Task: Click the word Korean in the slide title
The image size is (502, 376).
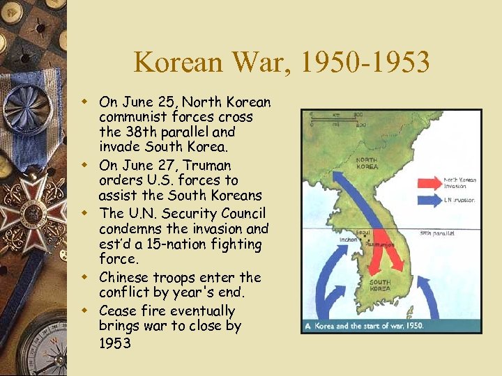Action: point(190,63)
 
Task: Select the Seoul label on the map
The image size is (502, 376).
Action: point(361,232)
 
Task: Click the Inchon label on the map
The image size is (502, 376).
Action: point(349,240)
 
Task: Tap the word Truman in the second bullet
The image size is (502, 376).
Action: point(206,165)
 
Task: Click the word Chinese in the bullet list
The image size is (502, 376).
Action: point(125,277)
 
